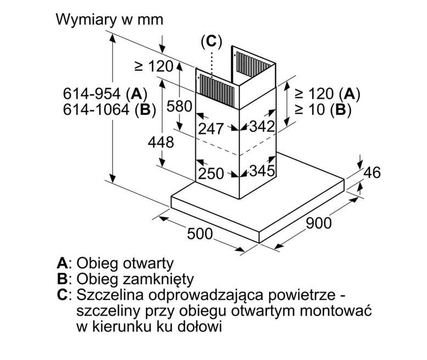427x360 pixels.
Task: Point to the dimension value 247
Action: point(211,129)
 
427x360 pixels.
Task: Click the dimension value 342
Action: point(261,127)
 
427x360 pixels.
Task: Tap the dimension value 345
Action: point(261,171)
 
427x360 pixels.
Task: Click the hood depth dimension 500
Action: point(200,234)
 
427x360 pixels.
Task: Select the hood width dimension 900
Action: point(318,223)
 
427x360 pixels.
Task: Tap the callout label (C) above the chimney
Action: point(211,41)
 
